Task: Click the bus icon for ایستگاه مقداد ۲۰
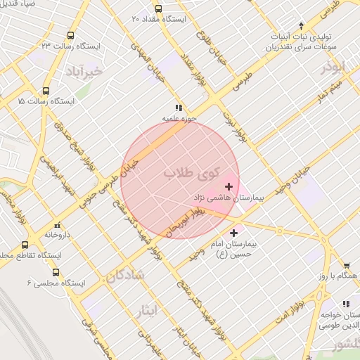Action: (157, 9)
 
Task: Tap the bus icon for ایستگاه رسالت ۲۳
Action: (70, 35)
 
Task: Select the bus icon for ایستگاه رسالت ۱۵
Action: (46, 91)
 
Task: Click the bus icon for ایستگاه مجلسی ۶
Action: (56, 272)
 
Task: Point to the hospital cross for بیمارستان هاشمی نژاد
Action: (229, 186)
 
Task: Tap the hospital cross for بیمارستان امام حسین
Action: (233, 232)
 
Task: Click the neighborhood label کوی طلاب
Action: (191, 172)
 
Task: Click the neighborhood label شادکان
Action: (125, 276)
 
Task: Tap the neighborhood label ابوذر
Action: (334, 68)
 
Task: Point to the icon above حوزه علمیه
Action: (179, 108)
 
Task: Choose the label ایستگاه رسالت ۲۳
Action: (71, 45)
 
